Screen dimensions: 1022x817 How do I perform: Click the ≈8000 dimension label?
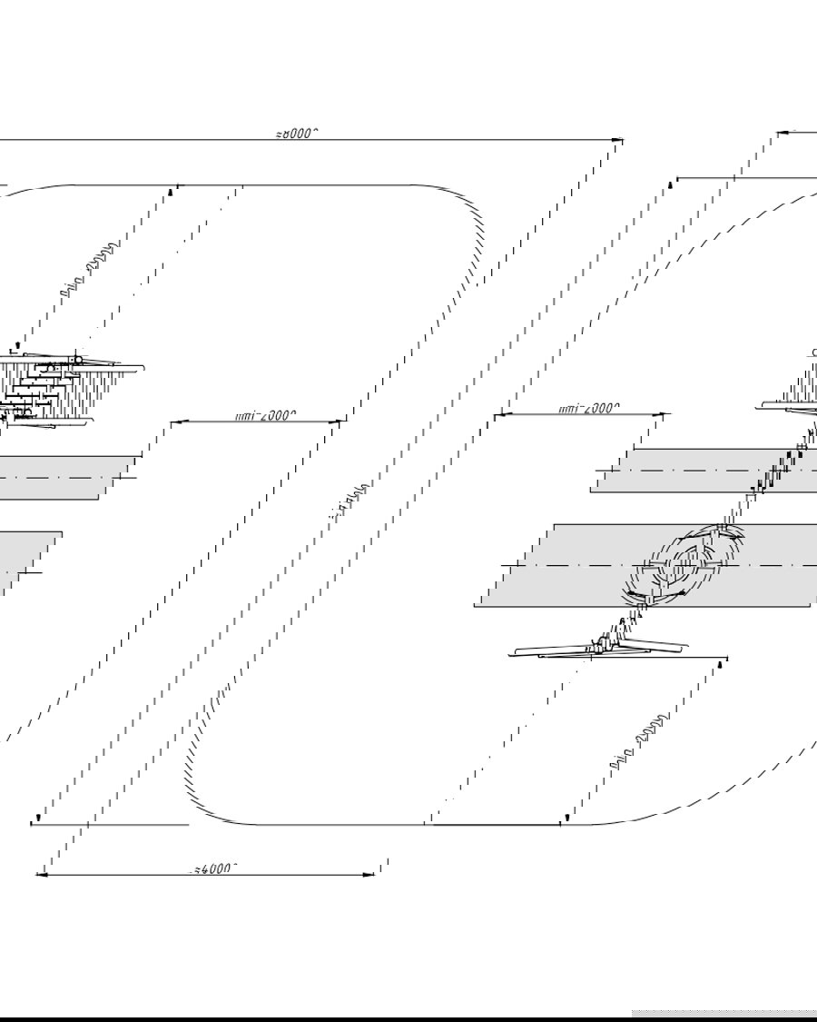297,134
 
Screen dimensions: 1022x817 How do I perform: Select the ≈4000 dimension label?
214,868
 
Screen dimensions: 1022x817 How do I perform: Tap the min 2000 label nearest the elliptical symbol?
589,409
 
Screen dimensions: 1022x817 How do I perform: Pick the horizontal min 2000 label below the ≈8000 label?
265,416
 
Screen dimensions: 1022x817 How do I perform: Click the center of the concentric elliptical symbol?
683,565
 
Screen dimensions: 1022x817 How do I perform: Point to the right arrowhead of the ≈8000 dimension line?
619,140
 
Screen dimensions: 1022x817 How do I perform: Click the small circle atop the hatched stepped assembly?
78,361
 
